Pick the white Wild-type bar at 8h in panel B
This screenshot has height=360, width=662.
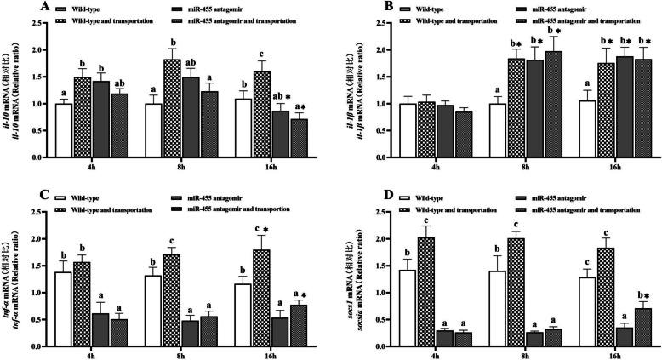pyautogui.click(x=512, y=130)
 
